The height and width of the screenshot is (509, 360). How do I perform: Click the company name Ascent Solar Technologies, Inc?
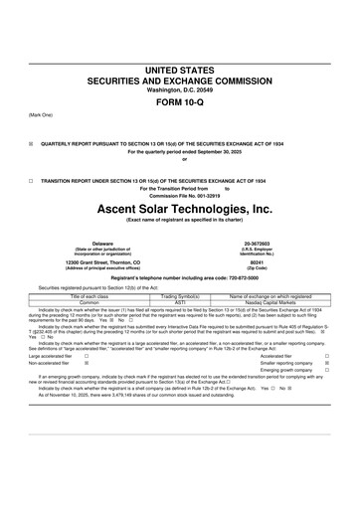coord(179,210)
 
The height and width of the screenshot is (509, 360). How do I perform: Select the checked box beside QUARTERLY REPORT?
coord(31,143)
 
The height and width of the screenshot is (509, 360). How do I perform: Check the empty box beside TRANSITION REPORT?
coord(31,181)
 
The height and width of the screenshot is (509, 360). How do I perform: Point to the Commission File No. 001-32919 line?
coord(179,195)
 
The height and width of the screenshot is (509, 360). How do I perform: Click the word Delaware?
coord(102,243)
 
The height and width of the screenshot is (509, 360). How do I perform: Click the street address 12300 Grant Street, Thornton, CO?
coord(102,263)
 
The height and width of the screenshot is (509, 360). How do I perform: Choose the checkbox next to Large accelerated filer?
coord(87,356)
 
